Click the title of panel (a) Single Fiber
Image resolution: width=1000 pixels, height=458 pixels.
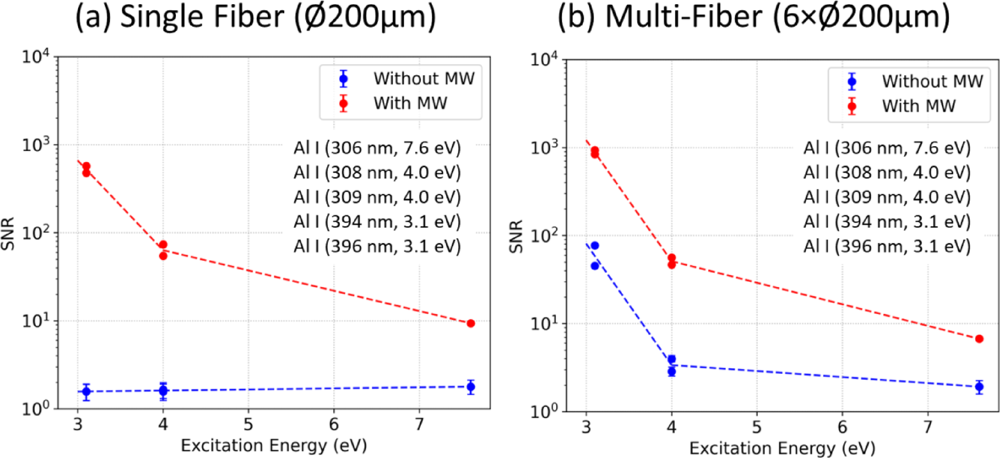click(256, 17)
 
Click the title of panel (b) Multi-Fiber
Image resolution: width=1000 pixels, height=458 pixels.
click(754, 17)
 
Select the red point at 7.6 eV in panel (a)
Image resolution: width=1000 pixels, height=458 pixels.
click(471, 323)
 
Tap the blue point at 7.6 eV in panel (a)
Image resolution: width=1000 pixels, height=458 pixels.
click(471, 387)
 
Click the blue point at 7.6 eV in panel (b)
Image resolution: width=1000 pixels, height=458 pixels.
click(979, 387)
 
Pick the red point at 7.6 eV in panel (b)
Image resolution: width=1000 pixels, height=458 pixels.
click(979, 339)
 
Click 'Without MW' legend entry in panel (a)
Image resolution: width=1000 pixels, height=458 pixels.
click(423, 78)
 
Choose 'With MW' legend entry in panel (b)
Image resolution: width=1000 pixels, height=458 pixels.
click(918, 106)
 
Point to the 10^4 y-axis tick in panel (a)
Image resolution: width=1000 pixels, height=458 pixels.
click(40, 57)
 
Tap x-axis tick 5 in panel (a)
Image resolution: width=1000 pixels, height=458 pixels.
click(248, 424)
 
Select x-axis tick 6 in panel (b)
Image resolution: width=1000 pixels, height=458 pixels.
click(842, 427)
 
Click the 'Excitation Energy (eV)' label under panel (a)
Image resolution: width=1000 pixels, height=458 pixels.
click(274, 446)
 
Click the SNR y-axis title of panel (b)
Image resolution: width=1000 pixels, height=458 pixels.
click(516, 236)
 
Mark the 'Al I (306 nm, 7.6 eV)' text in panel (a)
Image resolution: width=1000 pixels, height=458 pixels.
click(377, 147)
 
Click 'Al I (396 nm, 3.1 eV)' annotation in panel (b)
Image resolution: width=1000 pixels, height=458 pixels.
click(886, 246)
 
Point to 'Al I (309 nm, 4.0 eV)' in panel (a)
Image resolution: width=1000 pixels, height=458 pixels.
click(377, 196)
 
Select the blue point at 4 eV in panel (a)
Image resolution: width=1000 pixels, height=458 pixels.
click(163, 390)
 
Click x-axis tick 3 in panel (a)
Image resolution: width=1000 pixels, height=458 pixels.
click(78, 424)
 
